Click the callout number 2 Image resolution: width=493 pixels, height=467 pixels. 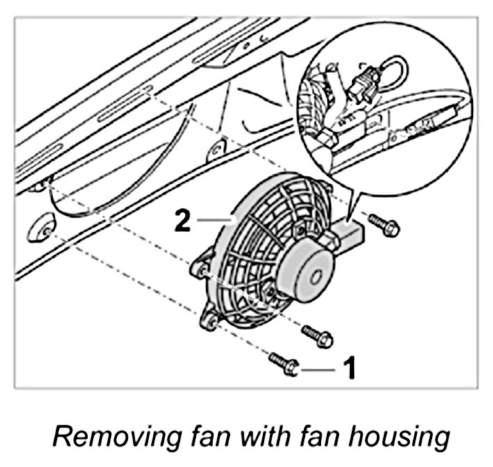point(182,221)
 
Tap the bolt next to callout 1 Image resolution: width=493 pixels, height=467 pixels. point(283,361)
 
